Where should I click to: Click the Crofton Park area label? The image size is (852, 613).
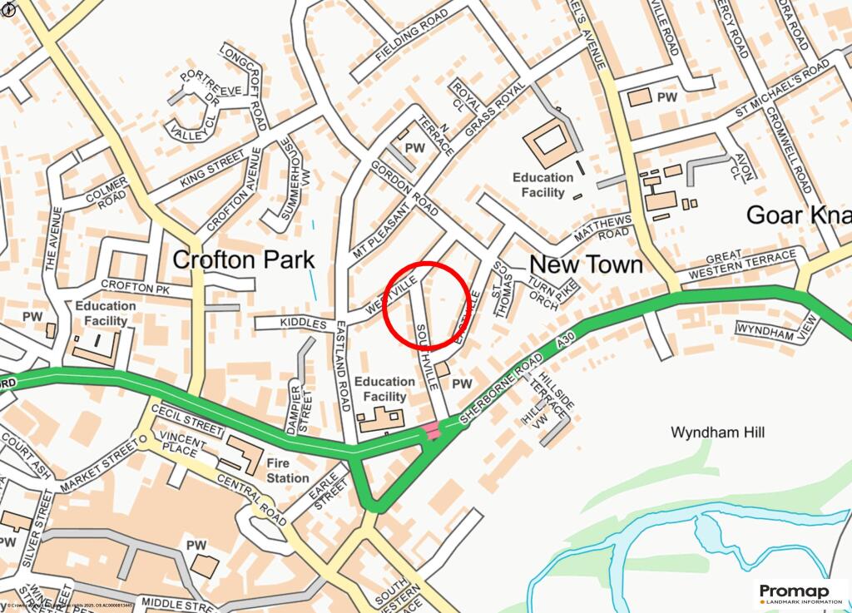[243, 260]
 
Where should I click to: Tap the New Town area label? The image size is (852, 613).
[586, 264]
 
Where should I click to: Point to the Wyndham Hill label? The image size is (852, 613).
[717, 433]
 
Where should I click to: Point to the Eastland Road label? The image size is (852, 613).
[341, 366]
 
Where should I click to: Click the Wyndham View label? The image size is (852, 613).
[772, 329]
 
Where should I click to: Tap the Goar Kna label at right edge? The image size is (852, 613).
[798, 215]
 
